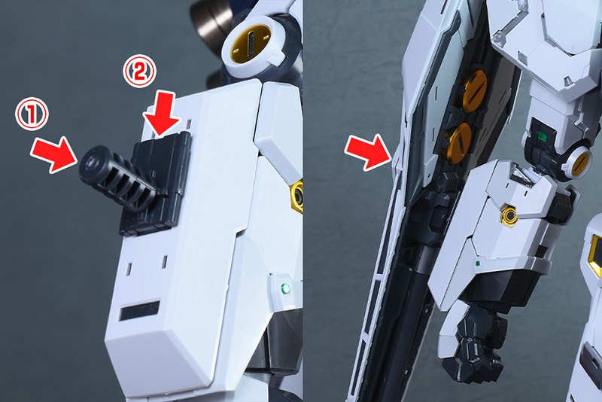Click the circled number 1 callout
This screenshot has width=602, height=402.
coord(32,114)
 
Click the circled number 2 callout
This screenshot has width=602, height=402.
coord(139,71)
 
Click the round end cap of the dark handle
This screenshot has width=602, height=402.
coord(89,162)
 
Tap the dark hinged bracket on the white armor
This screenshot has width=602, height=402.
coord(157,184)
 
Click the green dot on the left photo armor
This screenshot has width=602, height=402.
coord(285,288)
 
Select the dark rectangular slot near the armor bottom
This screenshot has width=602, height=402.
coord(139,310)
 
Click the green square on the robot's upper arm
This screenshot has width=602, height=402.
coord(543,136)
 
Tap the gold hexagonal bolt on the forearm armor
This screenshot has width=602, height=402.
coord(509,215)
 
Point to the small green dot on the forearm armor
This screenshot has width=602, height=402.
coord(478,263)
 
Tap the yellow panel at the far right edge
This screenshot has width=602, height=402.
coord(596,254)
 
